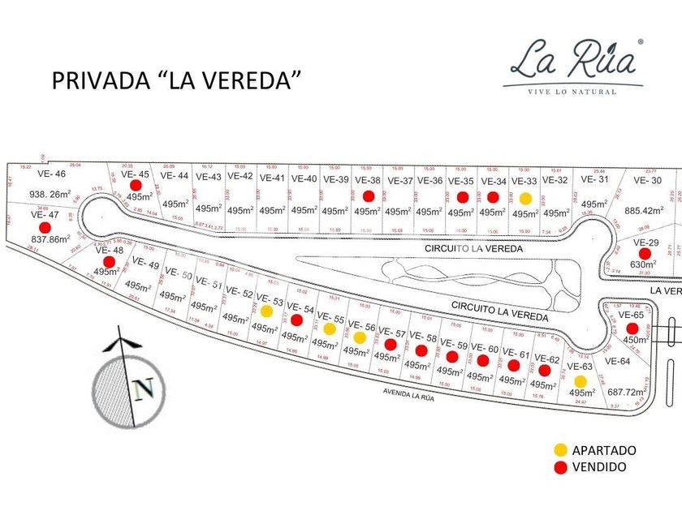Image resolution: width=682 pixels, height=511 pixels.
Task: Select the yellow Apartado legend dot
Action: (560, 450)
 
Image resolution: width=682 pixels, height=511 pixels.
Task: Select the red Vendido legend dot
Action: (560, 467)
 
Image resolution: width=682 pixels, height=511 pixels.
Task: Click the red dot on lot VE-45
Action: (135, 186)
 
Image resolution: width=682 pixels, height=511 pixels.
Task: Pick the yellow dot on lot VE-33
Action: (525, 198)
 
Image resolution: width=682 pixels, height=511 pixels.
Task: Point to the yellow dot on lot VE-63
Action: (580, 381)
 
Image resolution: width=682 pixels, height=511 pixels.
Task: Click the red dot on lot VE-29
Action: (644, 254)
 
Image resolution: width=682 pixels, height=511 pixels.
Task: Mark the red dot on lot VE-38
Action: (368, 195)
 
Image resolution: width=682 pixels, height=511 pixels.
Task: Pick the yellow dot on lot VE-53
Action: (265, 311)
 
